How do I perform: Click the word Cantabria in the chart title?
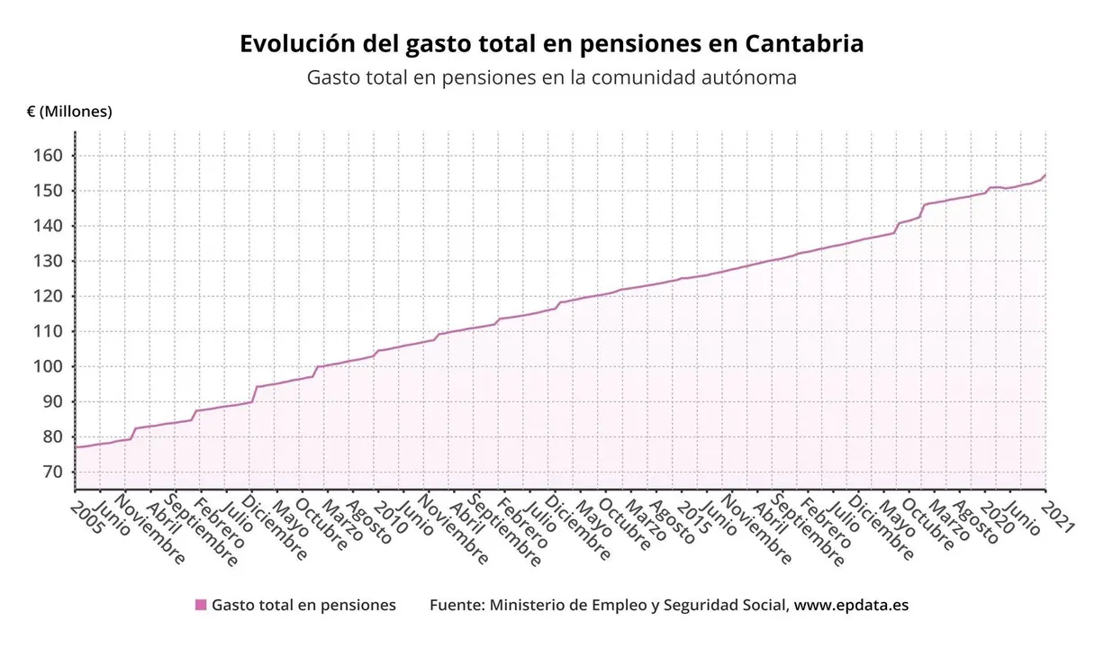804,43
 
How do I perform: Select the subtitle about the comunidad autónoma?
551,77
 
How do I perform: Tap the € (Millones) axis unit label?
69,112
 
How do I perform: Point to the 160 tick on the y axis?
49,156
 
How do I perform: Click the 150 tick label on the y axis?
49,191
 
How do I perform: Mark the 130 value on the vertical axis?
49,261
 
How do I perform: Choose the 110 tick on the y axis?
49,331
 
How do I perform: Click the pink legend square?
201,605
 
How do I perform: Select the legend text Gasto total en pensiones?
303,605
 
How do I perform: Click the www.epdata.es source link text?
851,605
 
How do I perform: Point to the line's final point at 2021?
1045,175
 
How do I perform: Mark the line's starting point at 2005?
76,447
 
